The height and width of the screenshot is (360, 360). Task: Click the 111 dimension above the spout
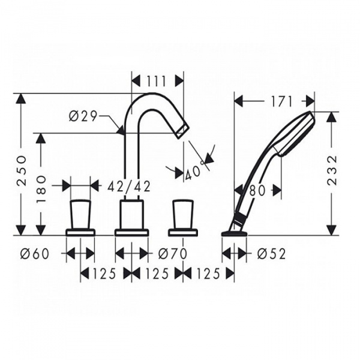coord(156,81)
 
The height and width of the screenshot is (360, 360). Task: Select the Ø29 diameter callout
coord(83,116)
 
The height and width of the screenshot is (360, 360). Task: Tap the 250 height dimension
coord(22,167)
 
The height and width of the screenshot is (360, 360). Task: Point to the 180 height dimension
coord(41,189)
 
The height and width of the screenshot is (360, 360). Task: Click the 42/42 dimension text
coord(129,186)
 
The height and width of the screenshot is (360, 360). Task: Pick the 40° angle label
coord(194,170)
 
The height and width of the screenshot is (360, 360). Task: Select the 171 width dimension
coord(281,102)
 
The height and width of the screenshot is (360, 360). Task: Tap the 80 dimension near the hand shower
coord(257,191)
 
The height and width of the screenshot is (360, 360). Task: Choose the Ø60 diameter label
coord(35,254)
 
